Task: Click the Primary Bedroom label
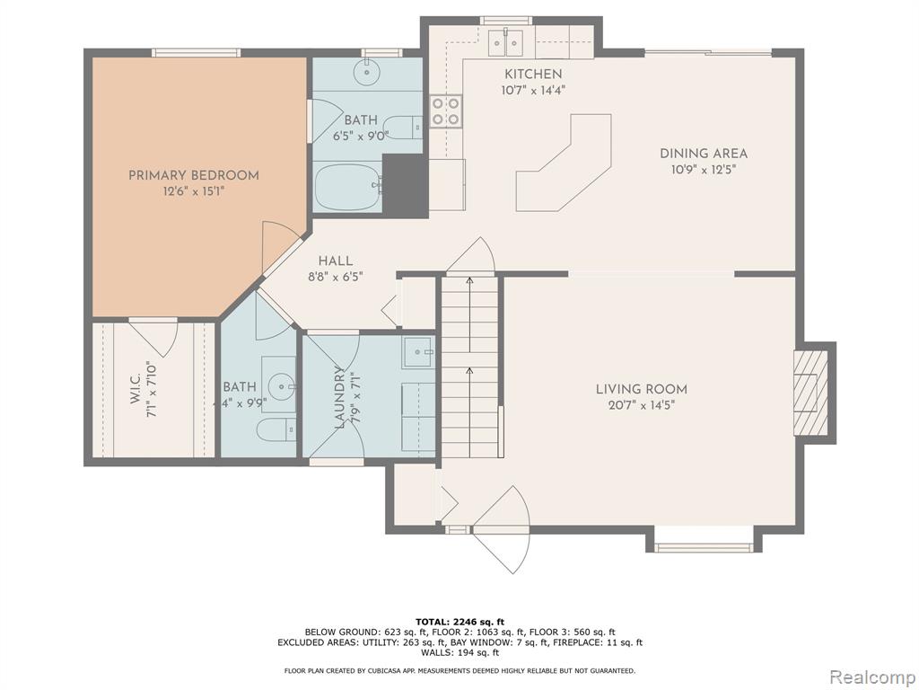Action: [x=194, y=175]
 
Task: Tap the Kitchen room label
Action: [x=533, y=75]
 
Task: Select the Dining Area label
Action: [x=704, y=154]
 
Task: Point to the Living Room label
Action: [x=641, y=389]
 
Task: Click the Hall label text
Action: [x=336, y=261]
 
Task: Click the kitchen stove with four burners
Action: [x=446, y=111]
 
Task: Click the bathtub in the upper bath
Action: [x=348, y=187]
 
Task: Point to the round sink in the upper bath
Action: [x=367, y=72]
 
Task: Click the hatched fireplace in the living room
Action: [x=810, y=393]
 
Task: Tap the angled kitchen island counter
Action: [x=564, y=164]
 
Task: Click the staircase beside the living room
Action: [x=468, y=367]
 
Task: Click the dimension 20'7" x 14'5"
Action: [x=641, y=405]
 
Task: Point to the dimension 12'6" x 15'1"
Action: [x=194, y=191]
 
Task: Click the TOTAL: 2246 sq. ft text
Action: [x=459, y=622]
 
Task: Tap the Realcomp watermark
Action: [x=871, y=677]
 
